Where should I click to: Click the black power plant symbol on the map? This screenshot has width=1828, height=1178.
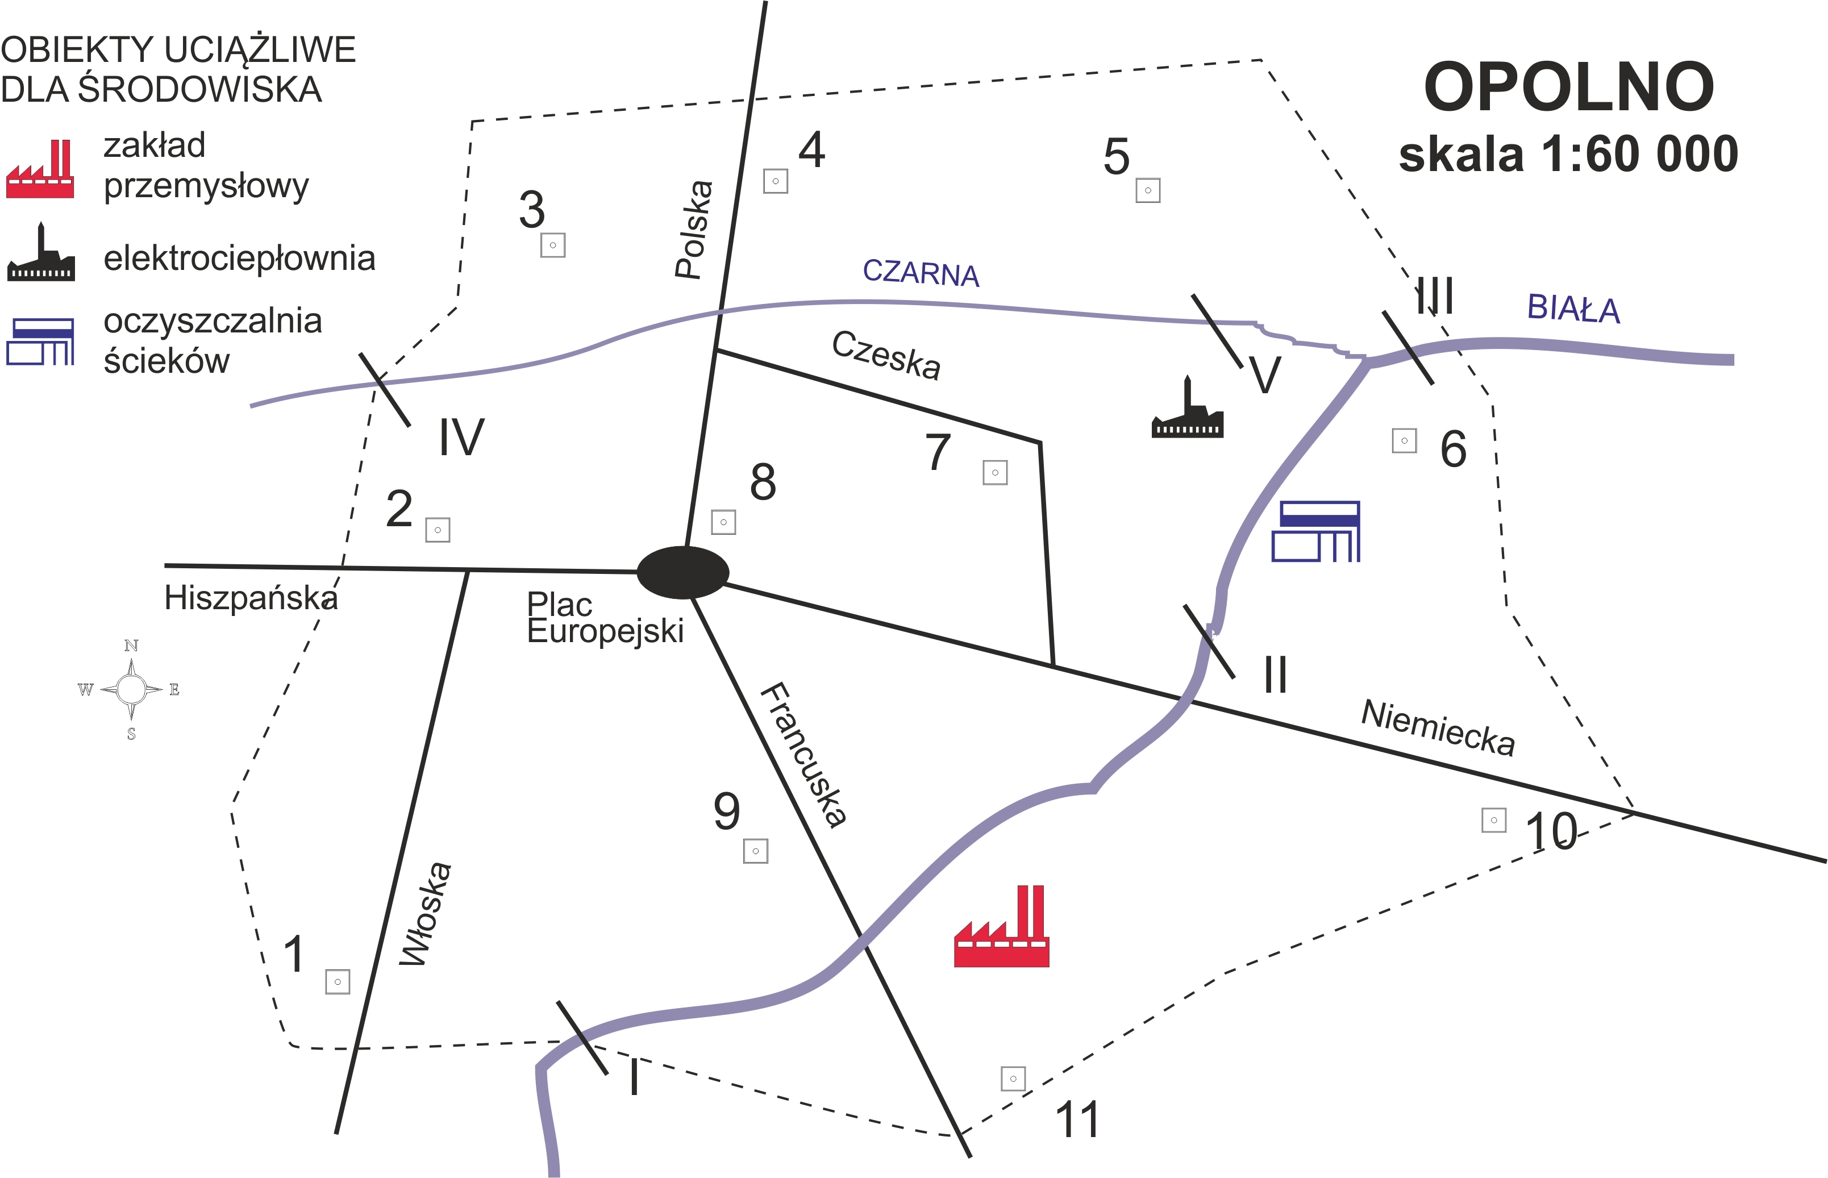click(x=1187, y=409)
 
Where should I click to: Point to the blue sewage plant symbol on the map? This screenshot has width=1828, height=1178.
click(x=1315, y=532)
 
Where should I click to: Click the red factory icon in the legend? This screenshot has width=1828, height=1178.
click(x=40, y=170)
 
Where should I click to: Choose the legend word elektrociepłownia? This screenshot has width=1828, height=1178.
click(x=239, y=259)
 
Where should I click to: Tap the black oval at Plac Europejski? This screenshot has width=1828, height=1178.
click(x=683, y=572)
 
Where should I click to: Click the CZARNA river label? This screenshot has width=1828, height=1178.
click(x=921, y=272)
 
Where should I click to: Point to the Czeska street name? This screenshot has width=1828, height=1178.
click(x=886, y=354)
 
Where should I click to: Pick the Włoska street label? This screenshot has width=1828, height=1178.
click(x=426, y=914)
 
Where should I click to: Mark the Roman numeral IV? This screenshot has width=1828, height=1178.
click(x=461, y=438)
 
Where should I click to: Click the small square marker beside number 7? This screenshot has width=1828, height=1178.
click(x=995, y=473)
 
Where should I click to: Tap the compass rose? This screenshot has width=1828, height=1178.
click(x=132, y=690)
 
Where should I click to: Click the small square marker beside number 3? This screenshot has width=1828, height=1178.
click(x=553, y=245)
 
